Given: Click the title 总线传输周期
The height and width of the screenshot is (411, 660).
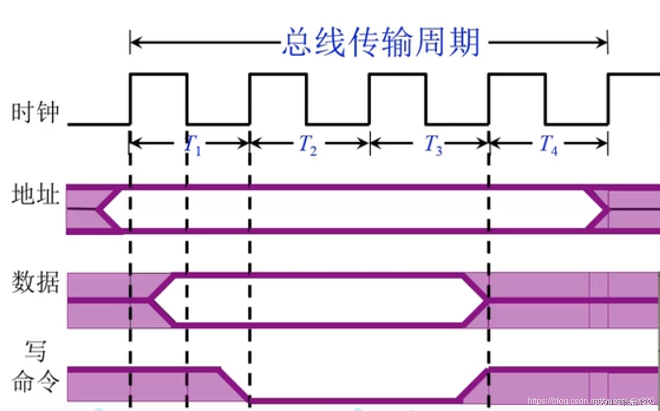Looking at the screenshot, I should (381, 42).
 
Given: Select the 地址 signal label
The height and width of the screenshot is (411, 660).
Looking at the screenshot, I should (36, 197).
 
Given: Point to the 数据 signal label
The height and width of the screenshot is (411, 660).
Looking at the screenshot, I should (36, 284).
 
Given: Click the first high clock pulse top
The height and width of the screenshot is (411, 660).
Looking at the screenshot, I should (158, 74).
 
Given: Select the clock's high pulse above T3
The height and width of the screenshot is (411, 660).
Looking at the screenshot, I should (397, 74).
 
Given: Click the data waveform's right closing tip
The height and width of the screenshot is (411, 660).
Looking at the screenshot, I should (486, 300).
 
